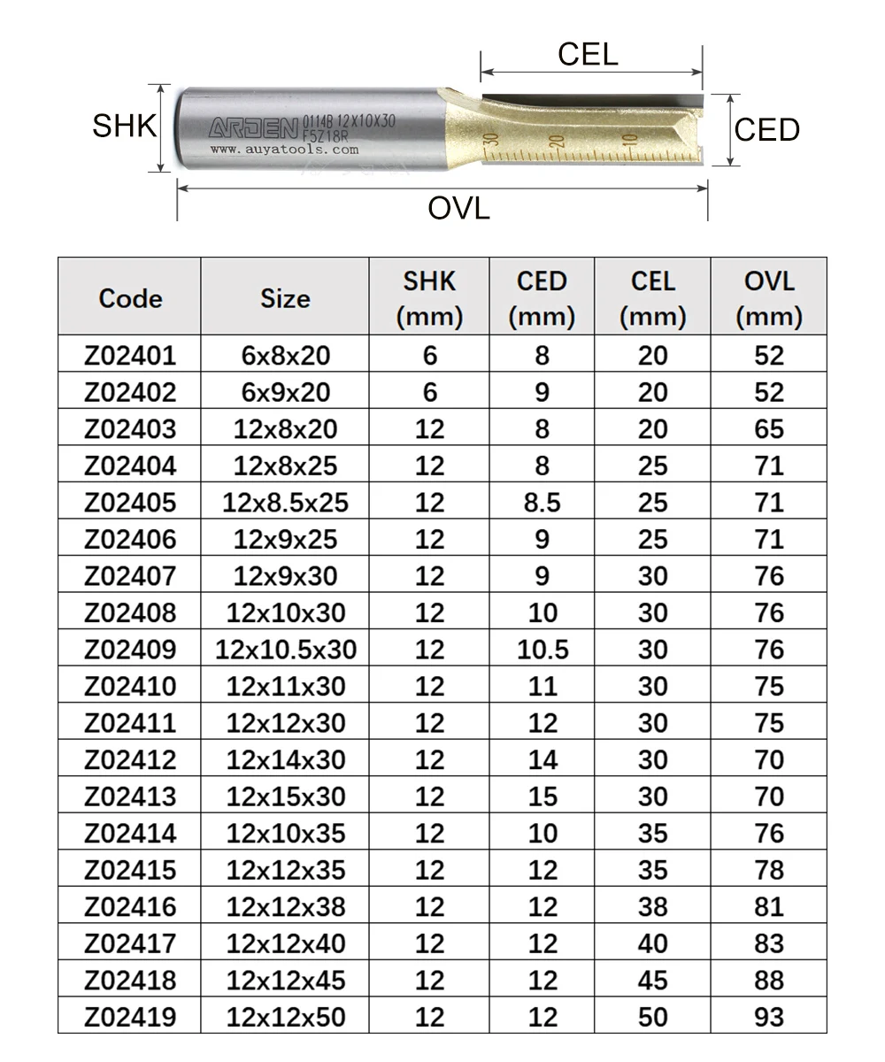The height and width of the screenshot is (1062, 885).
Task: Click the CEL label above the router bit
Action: (588, 54)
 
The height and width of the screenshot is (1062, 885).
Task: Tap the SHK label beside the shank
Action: (124, 126)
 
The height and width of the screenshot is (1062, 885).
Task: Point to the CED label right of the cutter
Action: (767, 130)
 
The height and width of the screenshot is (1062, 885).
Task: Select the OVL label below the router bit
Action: (458, 209)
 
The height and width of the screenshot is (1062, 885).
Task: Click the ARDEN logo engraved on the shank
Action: (253, 128)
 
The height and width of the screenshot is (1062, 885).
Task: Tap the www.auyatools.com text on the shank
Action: (284, 150)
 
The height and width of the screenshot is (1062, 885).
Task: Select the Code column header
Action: (130, 298)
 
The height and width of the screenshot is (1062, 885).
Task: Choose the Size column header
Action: (285, 298)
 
